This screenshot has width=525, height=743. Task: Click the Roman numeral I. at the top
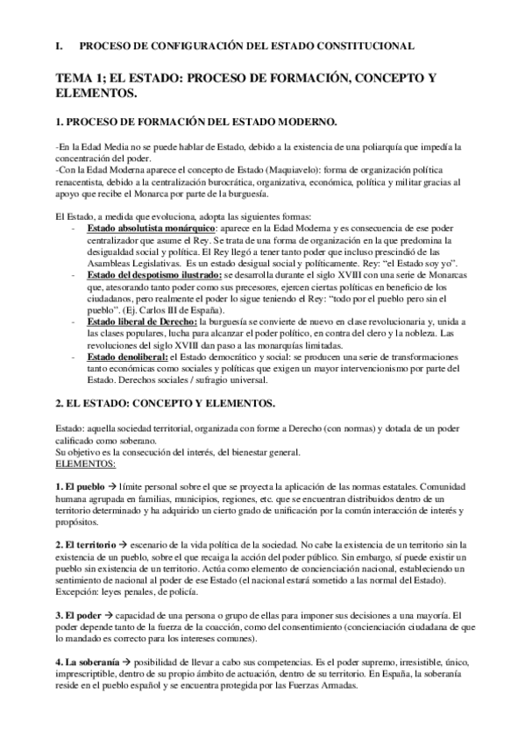click(60, 45)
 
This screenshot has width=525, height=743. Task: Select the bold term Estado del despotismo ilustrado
click(153, 274)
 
